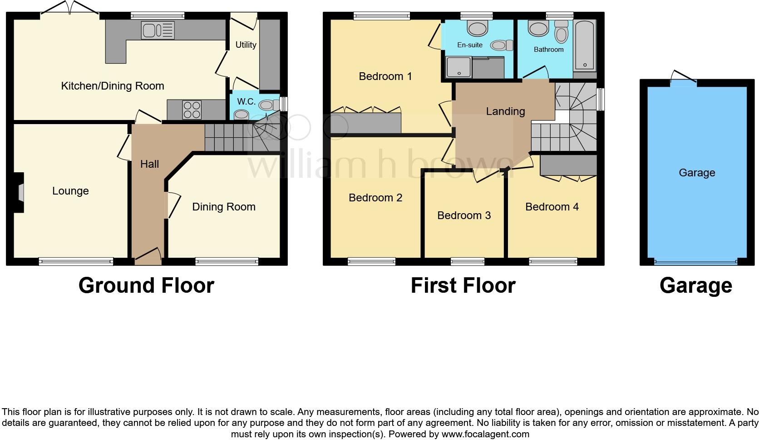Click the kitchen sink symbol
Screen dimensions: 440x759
[158, 30]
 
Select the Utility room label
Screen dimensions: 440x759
[246, 45]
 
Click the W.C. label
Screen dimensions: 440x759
[246, 102]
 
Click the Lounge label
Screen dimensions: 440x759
[70, 191]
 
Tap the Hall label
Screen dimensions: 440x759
[149, 164]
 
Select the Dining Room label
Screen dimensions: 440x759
[224, 207]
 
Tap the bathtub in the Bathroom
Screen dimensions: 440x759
[585, 45]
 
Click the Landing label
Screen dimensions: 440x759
[505, 111]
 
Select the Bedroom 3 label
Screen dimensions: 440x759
[464, 215]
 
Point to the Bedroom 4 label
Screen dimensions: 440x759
[552, 207]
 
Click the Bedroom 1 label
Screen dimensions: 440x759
[385, 76]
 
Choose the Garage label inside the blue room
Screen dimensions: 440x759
[697, 173]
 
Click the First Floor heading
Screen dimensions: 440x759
[463, 286]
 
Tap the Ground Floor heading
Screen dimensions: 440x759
[146, 286]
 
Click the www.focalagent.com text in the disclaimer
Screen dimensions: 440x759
[485, 434]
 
